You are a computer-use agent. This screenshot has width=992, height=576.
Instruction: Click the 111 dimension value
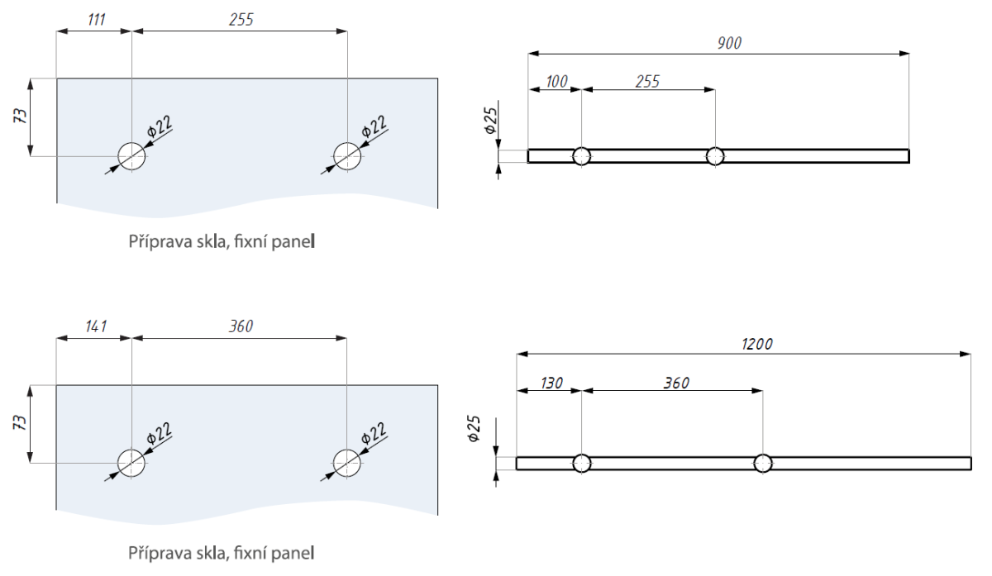click(x=97, y=21)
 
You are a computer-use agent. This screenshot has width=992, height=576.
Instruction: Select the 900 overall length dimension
click(x=730, y=43)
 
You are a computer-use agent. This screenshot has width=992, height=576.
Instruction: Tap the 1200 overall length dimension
click(x=757, y=343)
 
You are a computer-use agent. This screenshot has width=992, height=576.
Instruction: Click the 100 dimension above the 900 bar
click(x=557, y=81)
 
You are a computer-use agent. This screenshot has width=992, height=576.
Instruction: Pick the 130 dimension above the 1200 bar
click(x=551, y=383)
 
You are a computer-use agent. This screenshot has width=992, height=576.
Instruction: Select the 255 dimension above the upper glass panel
click(x=241, y=21)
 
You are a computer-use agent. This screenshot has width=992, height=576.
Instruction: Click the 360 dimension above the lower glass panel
click(x=241, y=326)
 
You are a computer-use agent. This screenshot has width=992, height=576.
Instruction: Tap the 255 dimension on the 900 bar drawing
click(x=647, y=81)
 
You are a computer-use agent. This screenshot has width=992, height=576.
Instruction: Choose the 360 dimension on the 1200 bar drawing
click(x=675, y=383)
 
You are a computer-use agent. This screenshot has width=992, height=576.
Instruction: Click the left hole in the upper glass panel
click(x=131, y=155)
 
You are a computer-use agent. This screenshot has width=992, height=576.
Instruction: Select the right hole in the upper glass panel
click(x=346, y=155)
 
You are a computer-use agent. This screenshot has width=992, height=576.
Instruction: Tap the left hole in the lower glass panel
click(x=131, y=463)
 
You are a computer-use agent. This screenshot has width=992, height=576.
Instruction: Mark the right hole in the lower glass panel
click(x=346, y=463)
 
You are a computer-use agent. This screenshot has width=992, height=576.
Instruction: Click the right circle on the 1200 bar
click(x=762, y=463)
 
